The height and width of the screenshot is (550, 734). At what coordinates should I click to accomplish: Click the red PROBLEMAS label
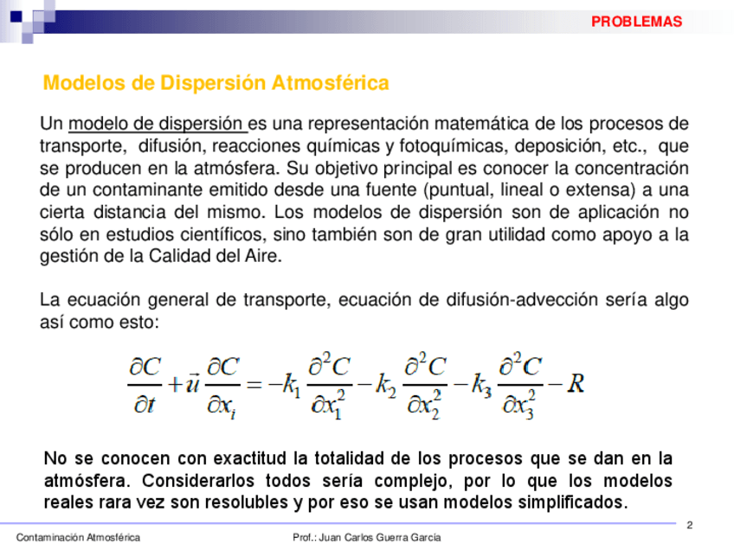636,22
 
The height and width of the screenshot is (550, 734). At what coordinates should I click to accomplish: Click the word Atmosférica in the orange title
330,84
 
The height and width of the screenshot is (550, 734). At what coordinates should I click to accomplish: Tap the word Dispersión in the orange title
210,84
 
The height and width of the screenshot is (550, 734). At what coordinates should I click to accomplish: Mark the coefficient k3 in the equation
481,386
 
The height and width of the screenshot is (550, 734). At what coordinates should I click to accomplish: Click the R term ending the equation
576,384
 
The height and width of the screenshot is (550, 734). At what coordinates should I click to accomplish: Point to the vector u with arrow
194,384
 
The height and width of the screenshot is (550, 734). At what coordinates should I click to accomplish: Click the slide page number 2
690,525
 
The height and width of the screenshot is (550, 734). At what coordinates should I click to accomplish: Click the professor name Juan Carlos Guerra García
380,538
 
